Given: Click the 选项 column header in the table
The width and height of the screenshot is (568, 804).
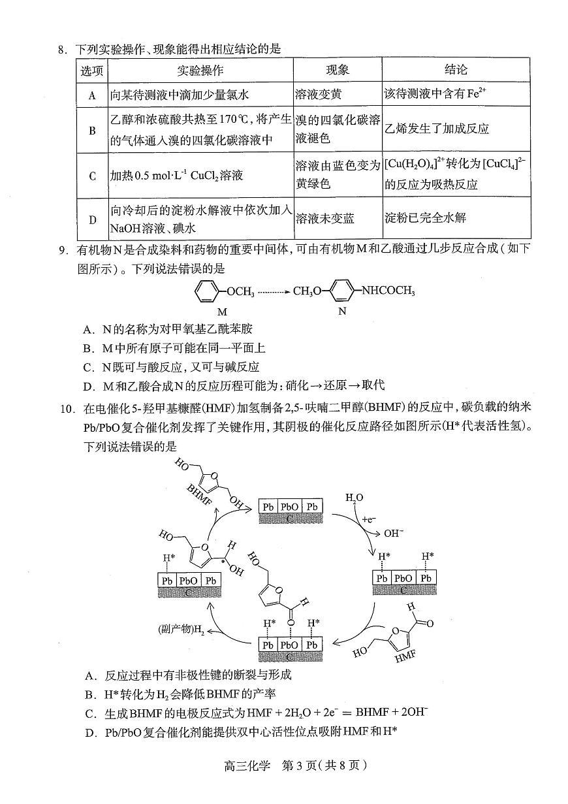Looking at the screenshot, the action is (x=92, y=71).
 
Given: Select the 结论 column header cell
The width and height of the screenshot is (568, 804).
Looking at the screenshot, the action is (x=456, y=71).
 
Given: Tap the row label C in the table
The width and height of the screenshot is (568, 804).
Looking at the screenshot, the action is (x=92, y=176).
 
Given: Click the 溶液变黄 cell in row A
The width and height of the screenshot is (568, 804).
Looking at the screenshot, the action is (x=318, y=95).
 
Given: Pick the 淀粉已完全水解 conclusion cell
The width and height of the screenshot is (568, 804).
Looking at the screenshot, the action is (x=426, y=219).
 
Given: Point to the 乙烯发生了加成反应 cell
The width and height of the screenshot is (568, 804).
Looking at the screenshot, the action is (x=437, y=129).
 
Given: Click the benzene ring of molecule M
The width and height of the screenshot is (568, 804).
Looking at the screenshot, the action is (x=207, y=291).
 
